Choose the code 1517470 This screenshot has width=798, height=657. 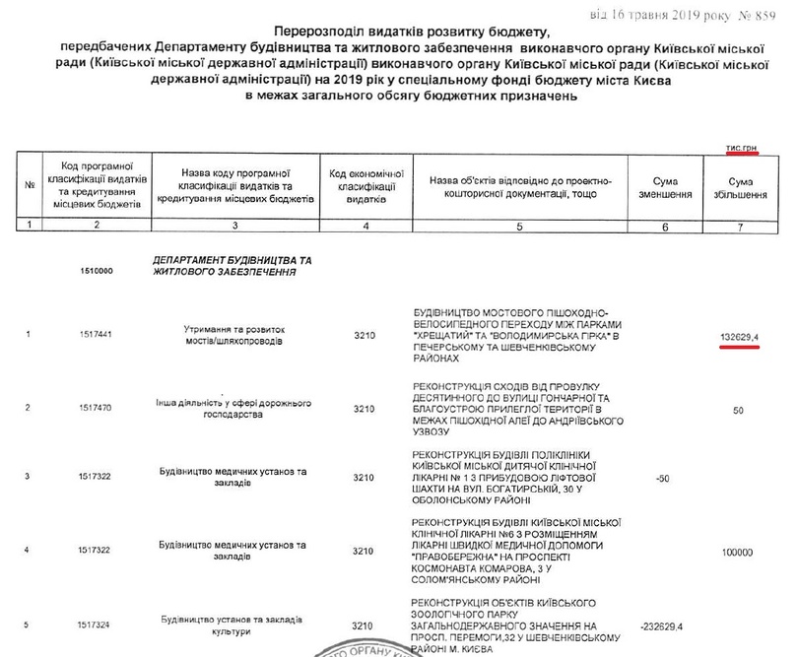tap(95, 406)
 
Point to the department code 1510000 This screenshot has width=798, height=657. tap(95, 271)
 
